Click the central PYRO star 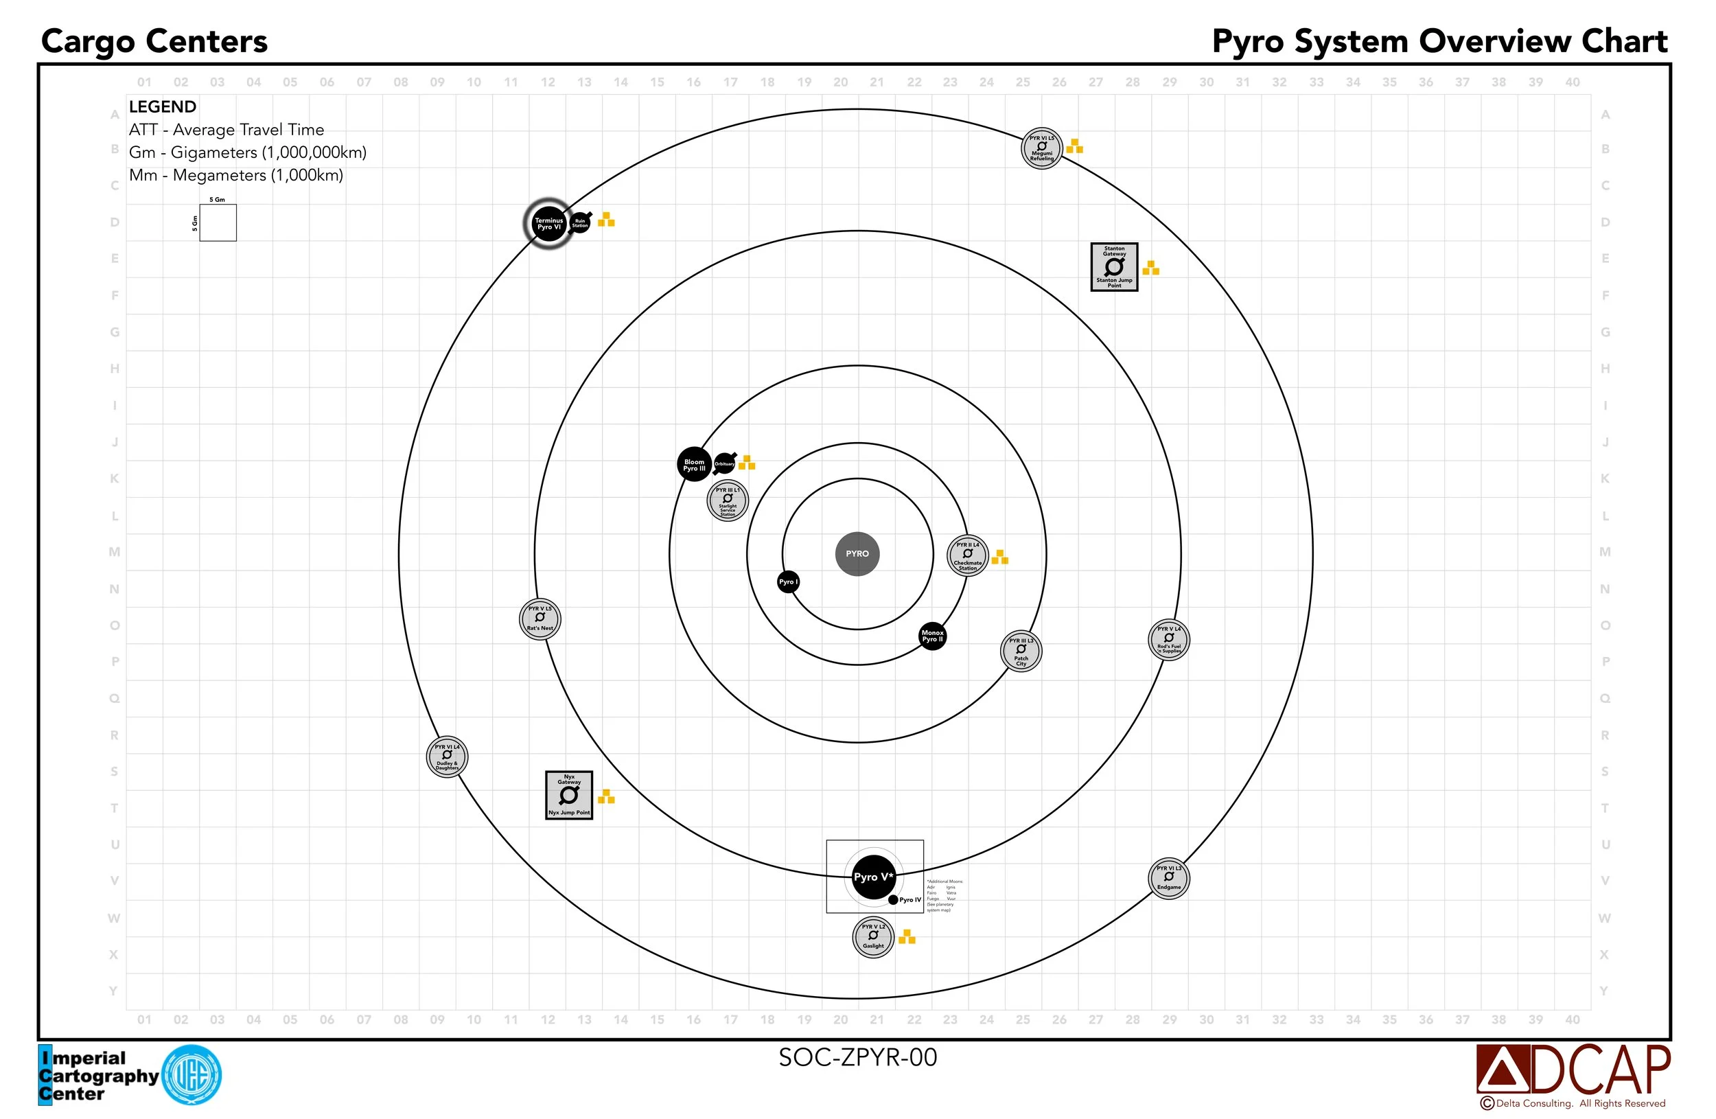coord(857,554)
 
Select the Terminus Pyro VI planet coord(548,224)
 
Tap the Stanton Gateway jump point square coord(1114,267)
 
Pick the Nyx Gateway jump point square coord(569,794)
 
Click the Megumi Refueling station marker coord(1042,148)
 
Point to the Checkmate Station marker coord(968,556)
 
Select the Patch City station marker coord(1021,651)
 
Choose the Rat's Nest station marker coord(540,619)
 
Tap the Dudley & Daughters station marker coord(447,757)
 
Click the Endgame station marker coord(1169,878)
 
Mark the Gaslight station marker coord(873,937)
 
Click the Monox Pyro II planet coord(932,636)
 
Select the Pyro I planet coord(788,582)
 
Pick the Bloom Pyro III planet coord(695,465)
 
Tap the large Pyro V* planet coord(873,877)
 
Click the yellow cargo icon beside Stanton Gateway coord(1150,268)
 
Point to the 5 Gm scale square coord(218,223)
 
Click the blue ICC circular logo coord(192,1075)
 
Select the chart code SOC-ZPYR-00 coord(857,1057)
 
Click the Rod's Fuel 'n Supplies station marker coord(1169,640)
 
